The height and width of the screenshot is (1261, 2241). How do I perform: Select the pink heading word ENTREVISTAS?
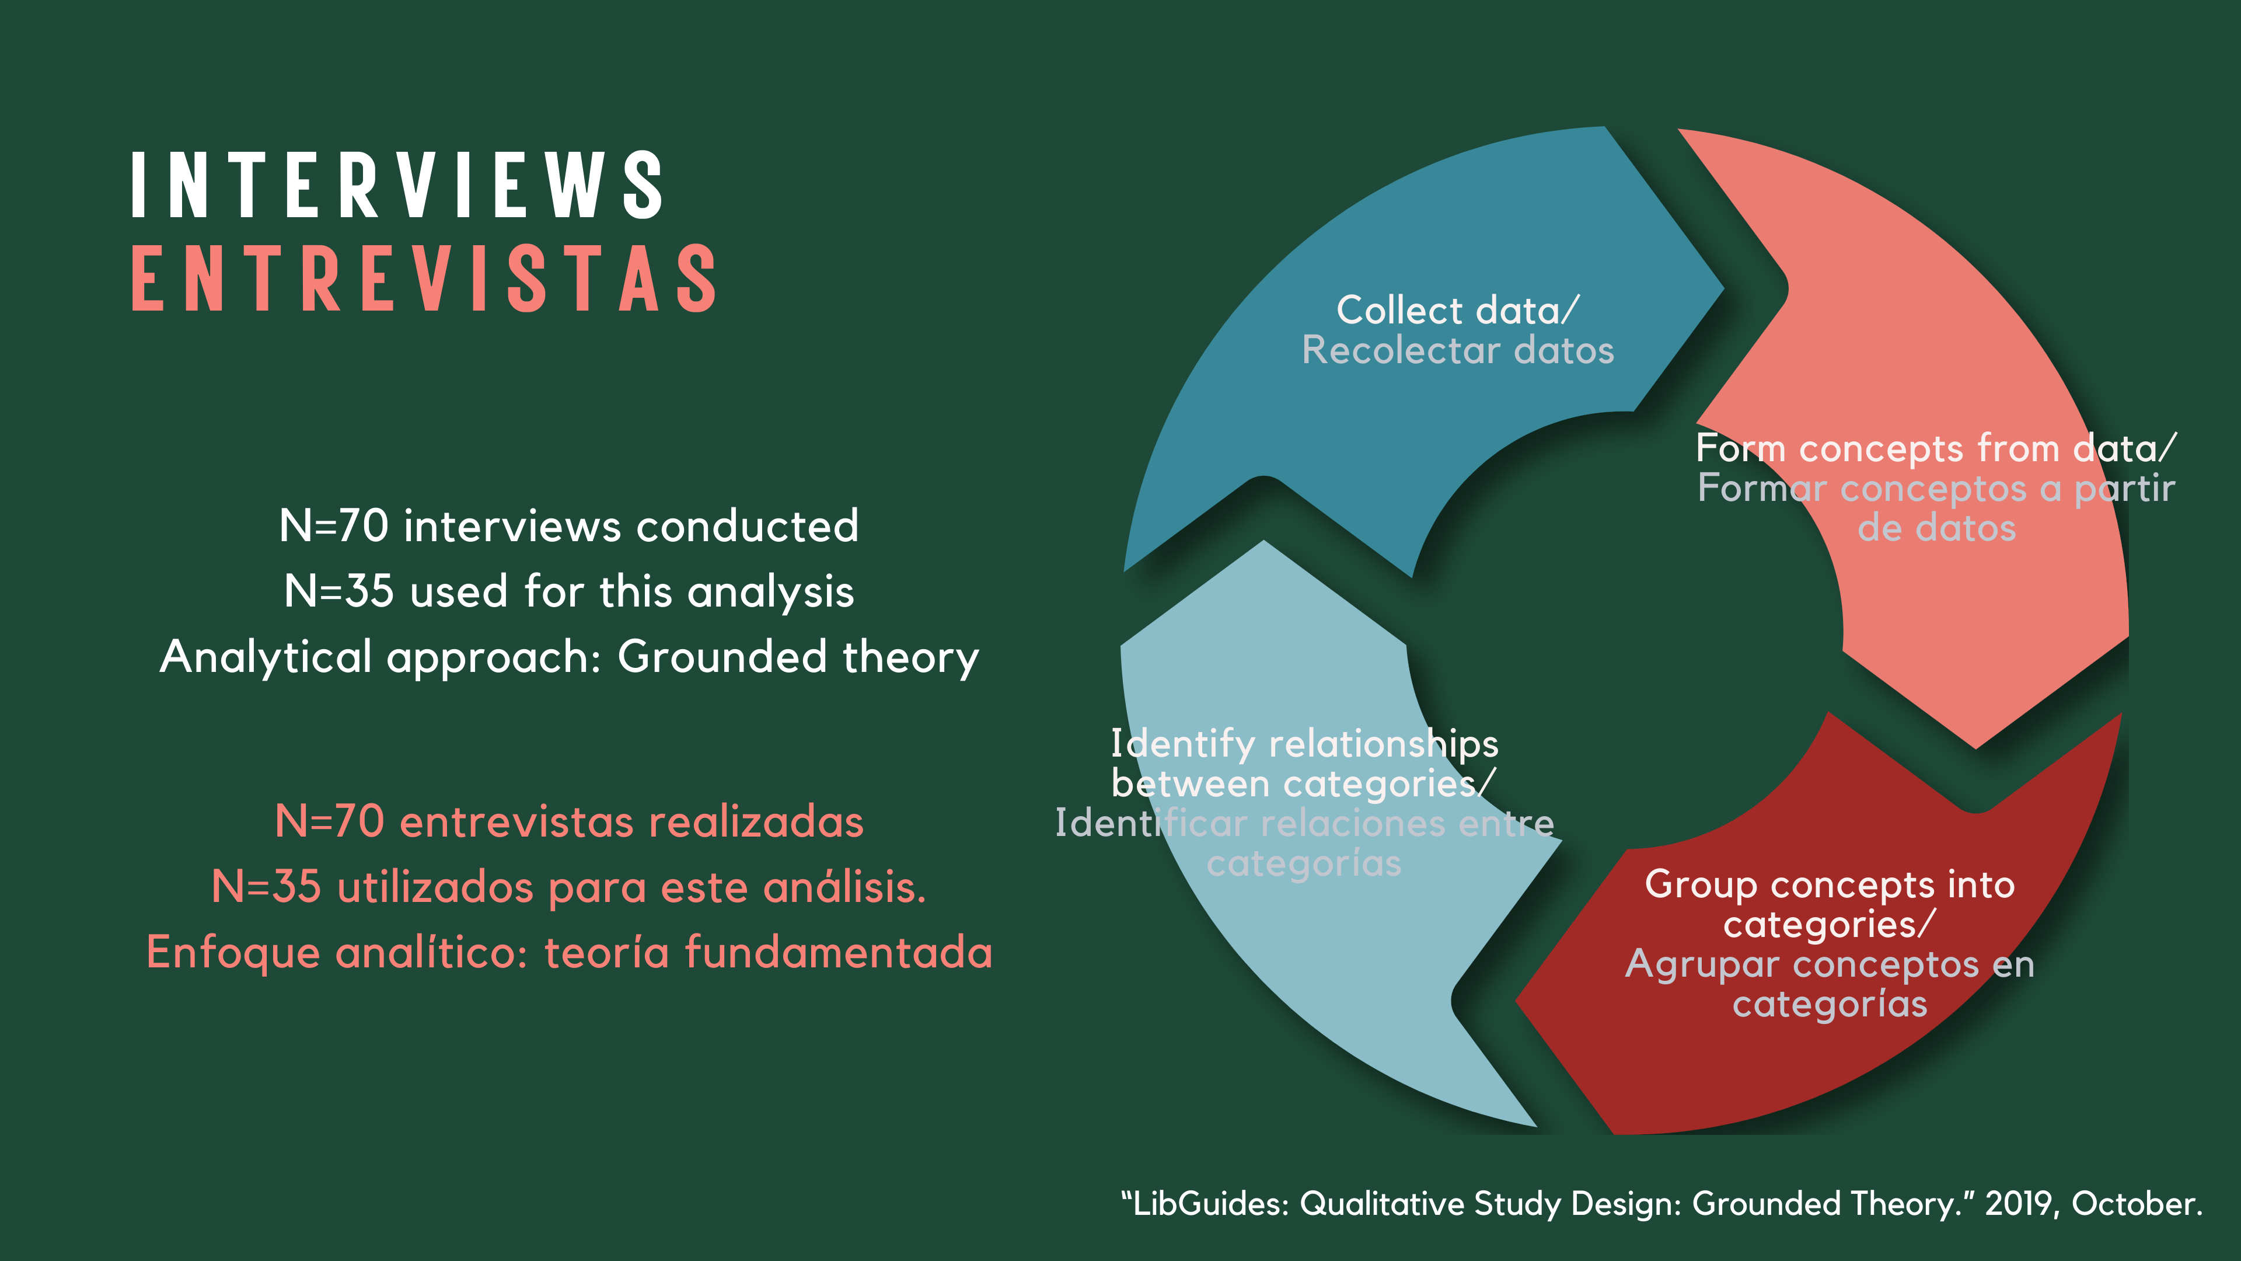(x=424, y=278)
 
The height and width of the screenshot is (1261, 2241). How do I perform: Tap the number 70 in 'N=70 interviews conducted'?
(x=363, y=525)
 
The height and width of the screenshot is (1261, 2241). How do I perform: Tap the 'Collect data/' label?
(x=1457, y=310)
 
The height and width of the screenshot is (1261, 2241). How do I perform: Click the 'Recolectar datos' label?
(x=1458, y=350)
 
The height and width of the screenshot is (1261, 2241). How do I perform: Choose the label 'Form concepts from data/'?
(x=1936, y=448)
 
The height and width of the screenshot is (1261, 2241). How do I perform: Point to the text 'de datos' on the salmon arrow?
(x=1936, y=527)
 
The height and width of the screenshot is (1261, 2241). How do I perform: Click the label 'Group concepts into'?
(x=1830, y=884)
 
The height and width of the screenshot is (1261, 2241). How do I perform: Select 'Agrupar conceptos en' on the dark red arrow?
(x=1830, y=964)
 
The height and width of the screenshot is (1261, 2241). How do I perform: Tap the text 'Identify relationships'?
(x=1304, y=744)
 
